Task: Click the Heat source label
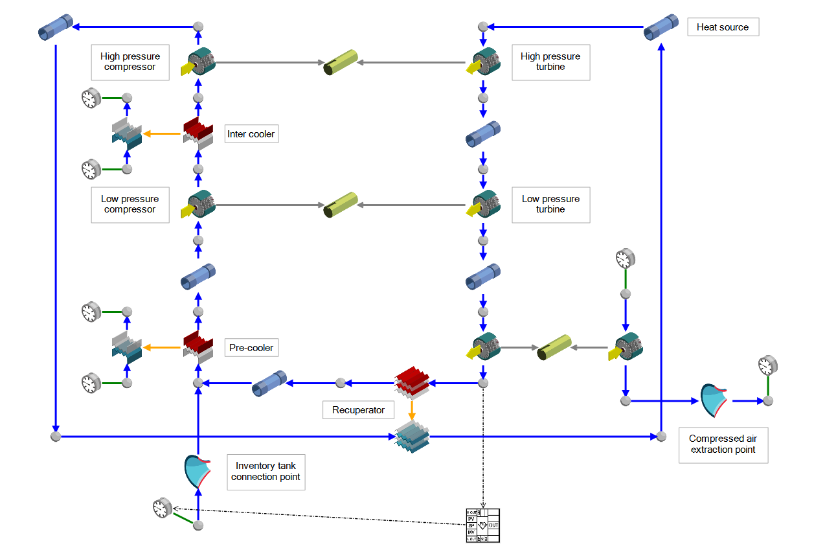722,27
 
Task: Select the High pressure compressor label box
130,62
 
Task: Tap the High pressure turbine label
550,62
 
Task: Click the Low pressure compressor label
130,204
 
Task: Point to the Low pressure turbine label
550,204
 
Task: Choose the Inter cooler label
251,134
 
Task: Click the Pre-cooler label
251,348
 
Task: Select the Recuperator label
358,410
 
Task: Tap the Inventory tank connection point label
266,471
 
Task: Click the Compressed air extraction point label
723,444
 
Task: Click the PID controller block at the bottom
483,525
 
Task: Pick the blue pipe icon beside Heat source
661,27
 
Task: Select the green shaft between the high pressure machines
341,63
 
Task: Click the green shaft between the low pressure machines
341,205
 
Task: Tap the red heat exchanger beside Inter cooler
198,133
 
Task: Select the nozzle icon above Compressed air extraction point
715,400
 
